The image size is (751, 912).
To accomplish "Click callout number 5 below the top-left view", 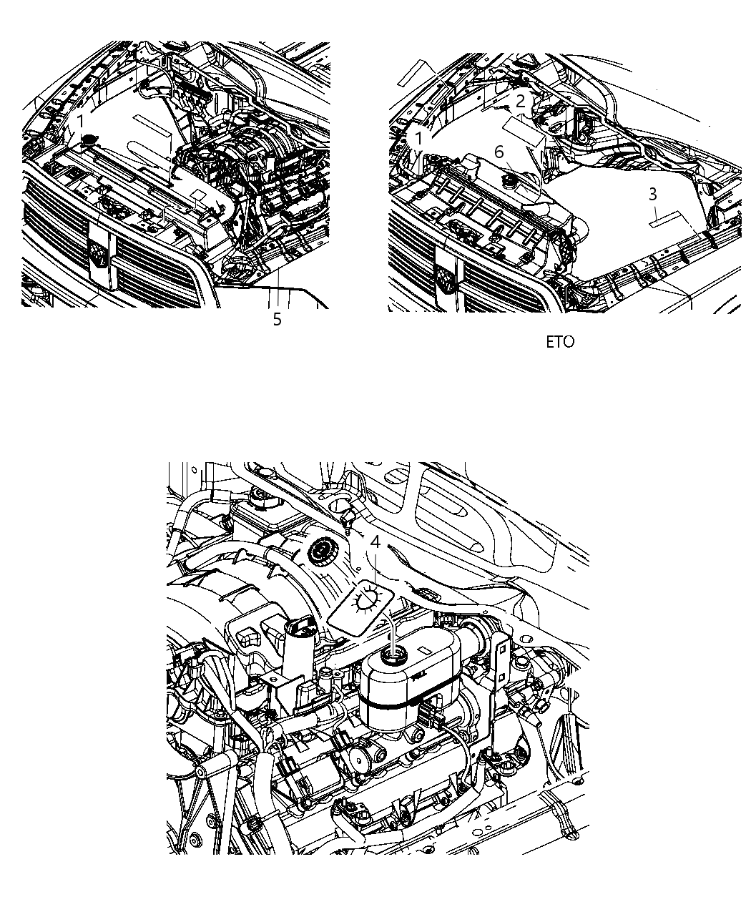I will [278, 320].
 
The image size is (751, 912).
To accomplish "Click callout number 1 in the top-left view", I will [82, 121].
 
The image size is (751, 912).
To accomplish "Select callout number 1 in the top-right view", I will [418, 137].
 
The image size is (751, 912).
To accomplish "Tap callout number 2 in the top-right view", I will [521, 101].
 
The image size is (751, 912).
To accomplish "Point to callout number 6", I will [499, 152].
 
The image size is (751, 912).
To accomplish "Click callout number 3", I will [652, 194].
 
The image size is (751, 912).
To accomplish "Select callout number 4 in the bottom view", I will [375, 543].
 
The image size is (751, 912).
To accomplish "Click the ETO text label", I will [560, 342].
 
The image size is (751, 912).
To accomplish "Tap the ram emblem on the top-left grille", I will [99, 254].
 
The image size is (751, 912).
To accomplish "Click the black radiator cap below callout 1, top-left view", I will [90, 140].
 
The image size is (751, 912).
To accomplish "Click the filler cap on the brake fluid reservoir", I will [393, 654].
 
